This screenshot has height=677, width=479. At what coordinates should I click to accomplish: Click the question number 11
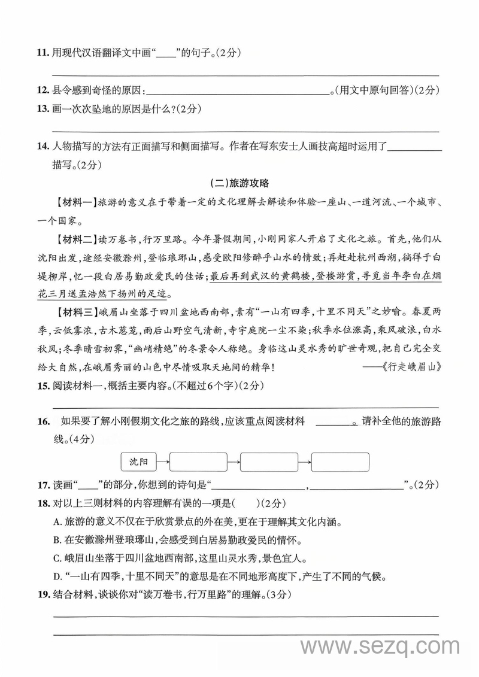[x=42, y=53]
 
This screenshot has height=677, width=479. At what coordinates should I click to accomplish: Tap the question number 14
[x=42, y=145]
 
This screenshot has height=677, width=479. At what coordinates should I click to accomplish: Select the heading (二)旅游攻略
[x=239, y=184]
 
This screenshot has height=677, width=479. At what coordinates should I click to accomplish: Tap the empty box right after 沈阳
[x=198, y=462]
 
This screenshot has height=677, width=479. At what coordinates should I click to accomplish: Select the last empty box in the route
[x=339, y=462]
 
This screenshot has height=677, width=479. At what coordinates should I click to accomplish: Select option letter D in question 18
[x=57, y=578]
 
